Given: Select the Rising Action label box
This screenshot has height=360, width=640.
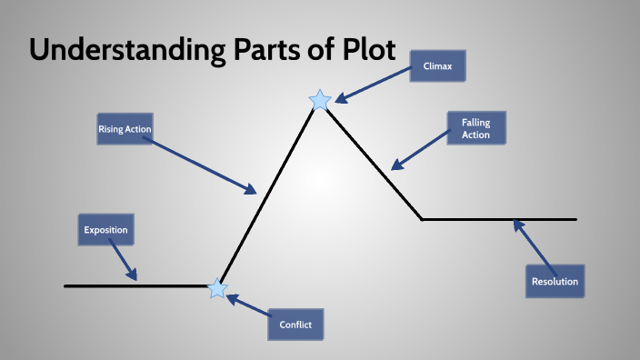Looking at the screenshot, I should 125,130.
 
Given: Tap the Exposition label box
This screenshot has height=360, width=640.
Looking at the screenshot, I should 105,230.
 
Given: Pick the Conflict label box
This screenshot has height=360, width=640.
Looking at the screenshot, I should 295,324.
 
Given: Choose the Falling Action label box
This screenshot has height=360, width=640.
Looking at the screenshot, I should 475,128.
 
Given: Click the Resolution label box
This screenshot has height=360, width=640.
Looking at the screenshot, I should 555,281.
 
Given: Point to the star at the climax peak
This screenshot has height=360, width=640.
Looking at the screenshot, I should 320,101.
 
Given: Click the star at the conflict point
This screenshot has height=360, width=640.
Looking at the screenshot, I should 217,289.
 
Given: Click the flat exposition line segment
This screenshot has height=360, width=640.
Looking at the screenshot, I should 136,285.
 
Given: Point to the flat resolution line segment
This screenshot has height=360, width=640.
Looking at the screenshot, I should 500,219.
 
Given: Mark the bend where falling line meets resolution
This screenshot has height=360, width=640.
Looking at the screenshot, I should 422,219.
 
